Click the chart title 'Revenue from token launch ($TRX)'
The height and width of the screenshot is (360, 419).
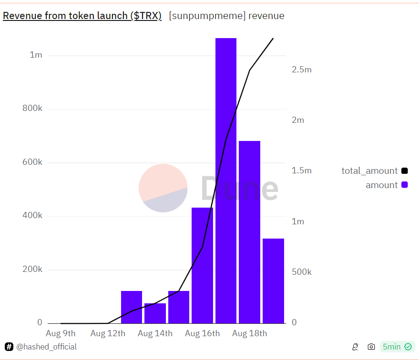pyautogui.click(x=82, y=16)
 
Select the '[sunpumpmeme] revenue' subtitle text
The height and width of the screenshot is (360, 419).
pyautogui.click(x=226, y=16)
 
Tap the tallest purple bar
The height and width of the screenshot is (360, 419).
pyautogui.click(x=226, y=181)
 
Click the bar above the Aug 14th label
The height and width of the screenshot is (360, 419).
pyautogui.click(x=155, y=313)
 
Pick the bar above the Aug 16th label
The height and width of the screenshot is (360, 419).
pyautogui.click(x=202, y=265)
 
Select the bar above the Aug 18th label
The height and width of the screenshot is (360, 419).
pyautogui.click(x=249, y=232)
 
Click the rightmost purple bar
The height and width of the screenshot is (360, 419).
pyautogui.click(x=273, y=281)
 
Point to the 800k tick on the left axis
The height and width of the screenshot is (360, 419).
pyautogui.click(x=32, y=109)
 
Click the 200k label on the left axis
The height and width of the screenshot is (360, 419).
pyautogui.click(x=32, y=270)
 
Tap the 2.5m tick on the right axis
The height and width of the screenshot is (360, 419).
pyautogui.click(x=301, y=70)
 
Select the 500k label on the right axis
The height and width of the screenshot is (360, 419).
pyautogui.click(x=301, y=272)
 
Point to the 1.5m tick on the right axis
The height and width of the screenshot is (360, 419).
pyautogui.click(x=301, y=170)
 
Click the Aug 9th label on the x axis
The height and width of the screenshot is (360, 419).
pyautogui.click(x=61, y=333)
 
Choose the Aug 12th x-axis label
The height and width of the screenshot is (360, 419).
pyautogui.click(x=108, y=333)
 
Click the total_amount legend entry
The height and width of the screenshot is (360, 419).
pyautogui.click(x=374, y=170)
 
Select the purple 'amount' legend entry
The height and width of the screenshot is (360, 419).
pyautogui.click(x=386, y=185)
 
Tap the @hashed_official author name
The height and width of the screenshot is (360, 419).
pyautogui.click(x=46, y=347)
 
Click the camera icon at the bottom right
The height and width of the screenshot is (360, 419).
pyautogui.click(x=371, y=347)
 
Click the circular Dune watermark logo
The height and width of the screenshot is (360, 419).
pyautogui.click(x=163, y=188)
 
